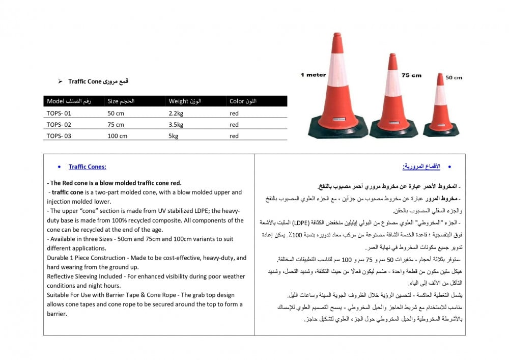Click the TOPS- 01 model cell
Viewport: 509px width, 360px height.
[59, 114]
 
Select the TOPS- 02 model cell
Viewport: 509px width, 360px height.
[59, 125]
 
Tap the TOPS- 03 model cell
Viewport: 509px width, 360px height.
[59, 136]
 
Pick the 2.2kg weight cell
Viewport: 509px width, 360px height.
[176, 114]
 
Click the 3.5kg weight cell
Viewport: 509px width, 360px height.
[176, 125]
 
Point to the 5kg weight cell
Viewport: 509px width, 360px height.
[174, 136]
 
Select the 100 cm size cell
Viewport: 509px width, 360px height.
[118, 136]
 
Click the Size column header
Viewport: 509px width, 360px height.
[121, 101]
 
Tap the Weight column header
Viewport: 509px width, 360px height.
[185, 101]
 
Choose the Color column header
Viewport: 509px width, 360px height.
[243, 101]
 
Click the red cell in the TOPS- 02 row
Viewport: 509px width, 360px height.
[234, 125]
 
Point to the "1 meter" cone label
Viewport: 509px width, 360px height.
[313, 75]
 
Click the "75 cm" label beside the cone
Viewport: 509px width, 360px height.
[411, 75]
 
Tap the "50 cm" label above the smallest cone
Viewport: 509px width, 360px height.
[454, 78]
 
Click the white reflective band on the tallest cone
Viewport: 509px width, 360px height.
[337, 71]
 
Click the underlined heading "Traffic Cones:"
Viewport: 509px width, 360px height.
[88, 167]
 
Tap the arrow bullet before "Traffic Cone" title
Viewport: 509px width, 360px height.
[60, 81]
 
